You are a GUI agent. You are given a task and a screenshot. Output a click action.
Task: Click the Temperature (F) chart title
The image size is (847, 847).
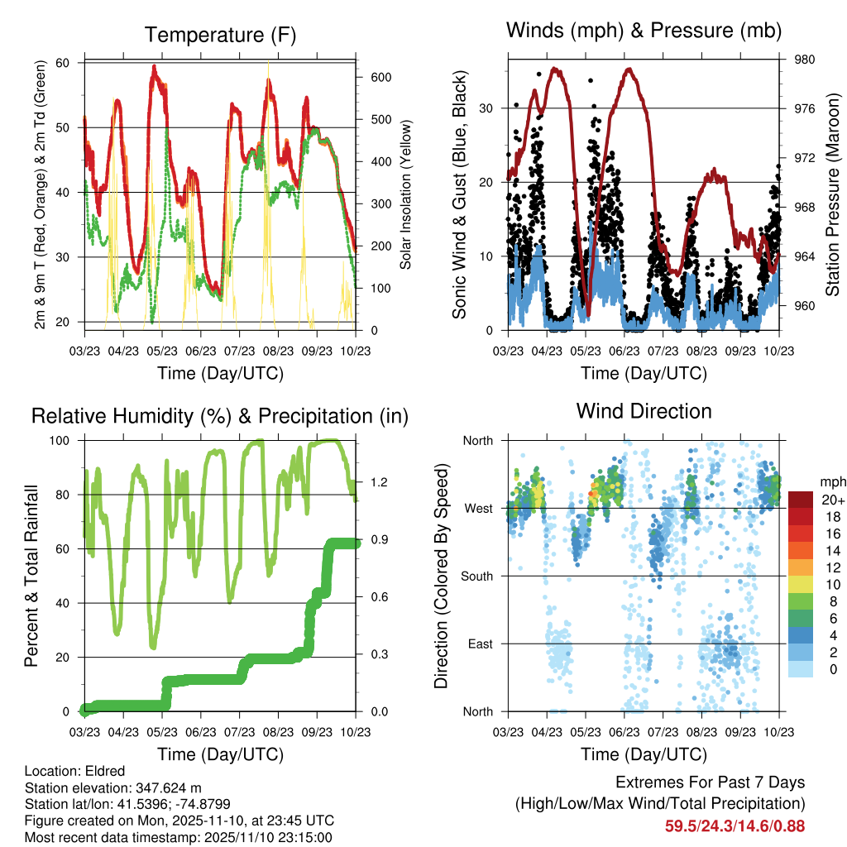(220, 35)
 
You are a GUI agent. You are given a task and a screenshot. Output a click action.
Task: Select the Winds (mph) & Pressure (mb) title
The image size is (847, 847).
(644, 31)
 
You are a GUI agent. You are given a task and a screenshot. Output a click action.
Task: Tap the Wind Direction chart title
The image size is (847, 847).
(644, 411)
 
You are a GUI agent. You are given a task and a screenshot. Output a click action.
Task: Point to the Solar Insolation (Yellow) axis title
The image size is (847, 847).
(405, 194)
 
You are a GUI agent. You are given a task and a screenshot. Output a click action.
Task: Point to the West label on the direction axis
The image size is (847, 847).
(478, 508)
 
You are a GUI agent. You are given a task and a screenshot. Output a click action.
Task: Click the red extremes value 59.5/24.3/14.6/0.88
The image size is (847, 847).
(735, 825)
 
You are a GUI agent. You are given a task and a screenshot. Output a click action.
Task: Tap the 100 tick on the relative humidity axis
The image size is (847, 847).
(65, 440)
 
